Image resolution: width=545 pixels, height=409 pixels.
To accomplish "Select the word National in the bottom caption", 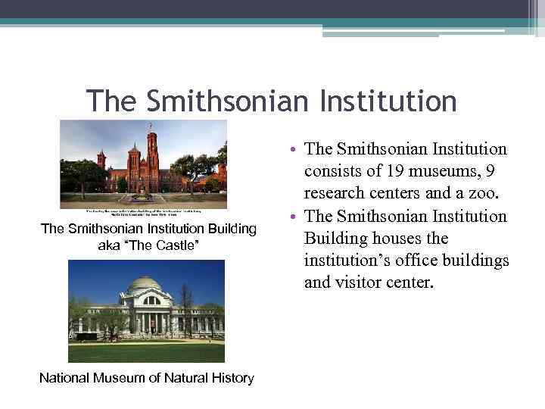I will click(67, 377).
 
